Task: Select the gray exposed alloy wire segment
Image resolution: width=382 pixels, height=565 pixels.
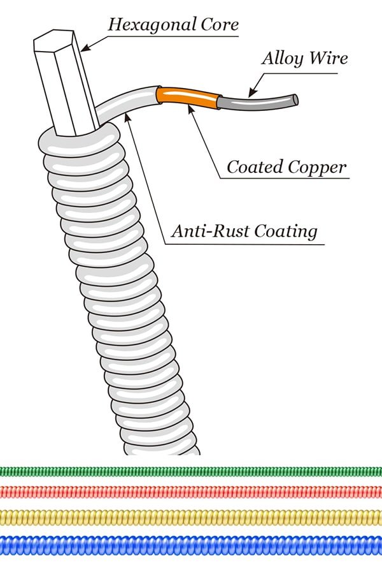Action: tap(258, 102)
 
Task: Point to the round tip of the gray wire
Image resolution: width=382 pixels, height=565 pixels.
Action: tap(295, 100)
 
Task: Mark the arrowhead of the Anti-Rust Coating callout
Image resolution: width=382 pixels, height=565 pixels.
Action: tap(127, 116)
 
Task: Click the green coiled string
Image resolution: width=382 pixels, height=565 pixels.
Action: tap(191, 471)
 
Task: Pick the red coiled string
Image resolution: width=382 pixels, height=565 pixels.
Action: tap(191, 492)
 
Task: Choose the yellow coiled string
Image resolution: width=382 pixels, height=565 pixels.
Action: tap(191, 517)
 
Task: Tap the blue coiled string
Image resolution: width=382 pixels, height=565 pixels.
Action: tap(191, 545)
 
